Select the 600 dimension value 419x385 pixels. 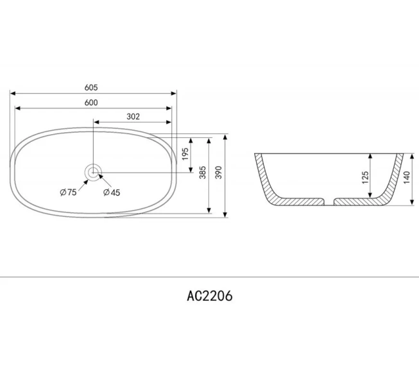90,103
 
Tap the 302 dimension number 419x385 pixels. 133,117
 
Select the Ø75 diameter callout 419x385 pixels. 69,192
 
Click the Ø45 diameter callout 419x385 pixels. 112,192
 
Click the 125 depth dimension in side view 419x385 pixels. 366,178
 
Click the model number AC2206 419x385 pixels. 209,296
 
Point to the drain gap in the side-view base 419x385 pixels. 332,202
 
